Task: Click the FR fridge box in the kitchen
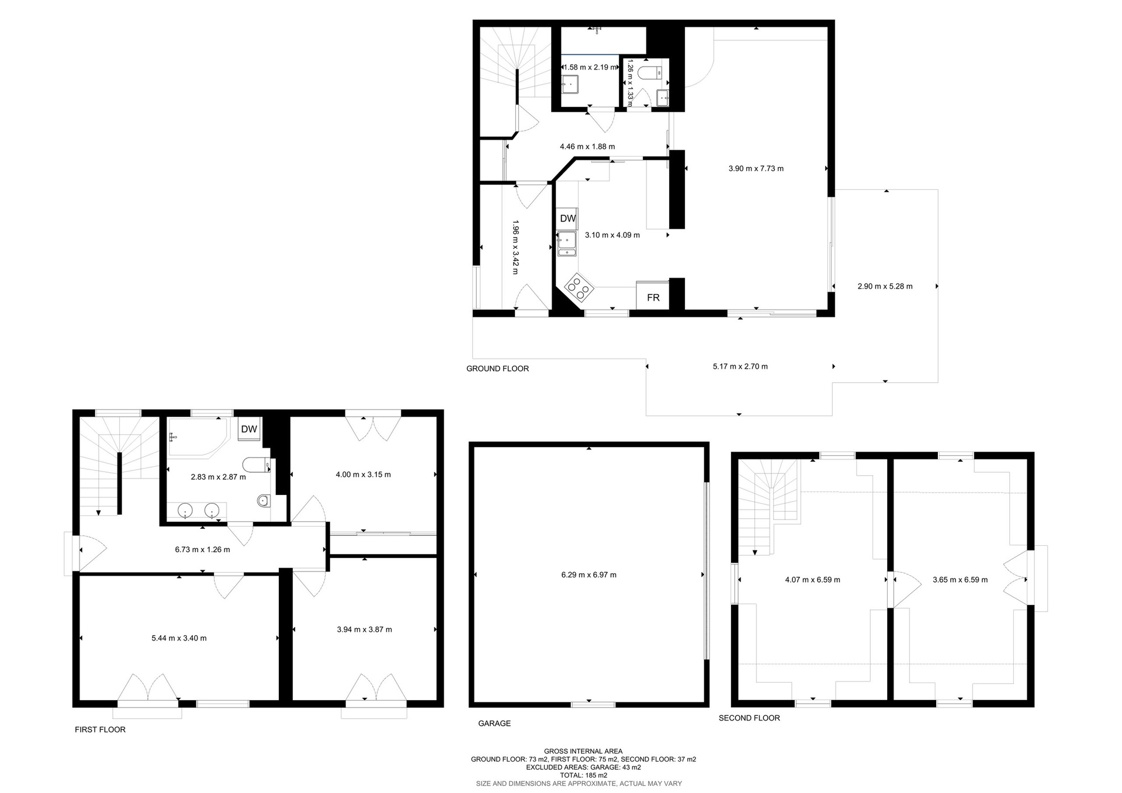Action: tap(653, 295)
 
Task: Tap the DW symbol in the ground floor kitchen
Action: tap(567, 219)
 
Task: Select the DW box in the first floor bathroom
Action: tap(249, 429)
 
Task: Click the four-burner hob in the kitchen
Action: tap(579, 287)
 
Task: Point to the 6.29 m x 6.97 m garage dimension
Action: tap(588, 575)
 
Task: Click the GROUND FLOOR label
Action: tap(497, 369)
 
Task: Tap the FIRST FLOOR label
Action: tap(100, 730)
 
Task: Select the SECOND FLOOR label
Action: tap(749, 718)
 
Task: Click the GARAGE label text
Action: tap(494, 723)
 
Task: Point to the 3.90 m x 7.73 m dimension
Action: tap(756, 169)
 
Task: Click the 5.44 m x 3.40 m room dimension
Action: tap(179, 638)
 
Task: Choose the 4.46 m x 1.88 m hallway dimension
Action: tap(587, 147)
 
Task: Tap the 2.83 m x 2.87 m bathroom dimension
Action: tap(218, 477)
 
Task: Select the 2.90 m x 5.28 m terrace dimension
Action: tap(885, 286)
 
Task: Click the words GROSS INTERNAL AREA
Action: tap(583, 752)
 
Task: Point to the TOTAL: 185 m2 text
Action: tap(583, 775)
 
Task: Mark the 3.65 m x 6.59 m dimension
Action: tap(960, 580)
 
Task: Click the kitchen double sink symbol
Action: tap(567, 244)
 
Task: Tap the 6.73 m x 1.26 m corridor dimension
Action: tap(202, 550)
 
